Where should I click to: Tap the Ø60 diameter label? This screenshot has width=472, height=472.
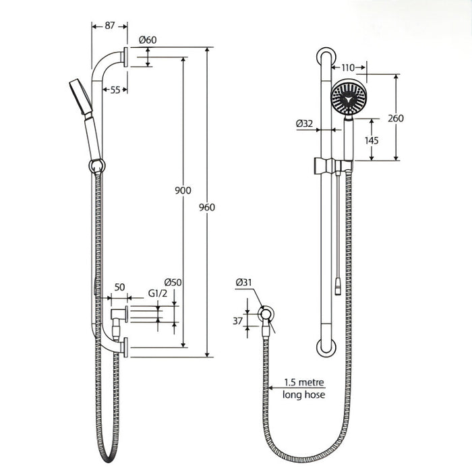pyautogui.click(x=148, y=40)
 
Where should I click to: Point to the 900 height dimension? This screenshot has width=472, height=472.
pyautogui.click(x=183, y=190)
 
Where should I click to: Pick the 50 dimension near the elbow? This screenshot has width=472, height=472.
pyautogui.click(x=120, y=287)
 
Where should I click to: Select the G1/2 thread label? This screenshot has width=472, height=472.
pyautogui.click(x=156, y=294)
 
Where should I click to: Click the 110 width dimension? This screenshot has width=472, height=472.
pyautogui.click(x=348, y=67)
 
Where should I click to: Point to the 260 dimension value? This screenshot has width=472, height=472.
pyautogui.click(x=395, y=118)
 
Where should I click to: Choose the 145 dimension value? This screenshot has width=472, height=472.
pyautogui.click(x=371, y=140)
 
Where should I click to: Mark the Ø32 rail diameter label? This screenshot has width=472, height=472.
pyautogui.click(x=305, y=123)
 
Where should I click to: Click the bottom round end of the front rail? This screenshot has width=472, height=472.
pyautogui.click(x=326, y=348)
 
